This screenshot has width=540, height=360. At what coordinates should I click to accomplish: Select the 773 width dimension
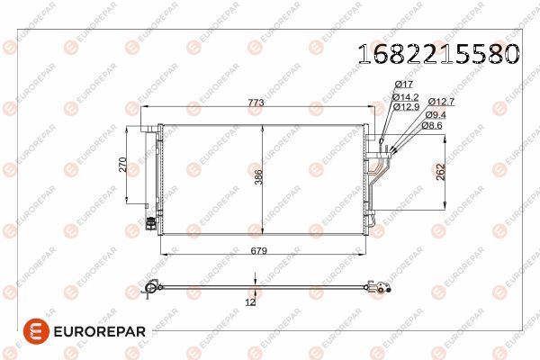click(x=256, y=104)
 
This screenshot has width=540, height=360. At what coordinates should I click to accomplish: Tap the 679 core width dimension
click(x=260, y=250)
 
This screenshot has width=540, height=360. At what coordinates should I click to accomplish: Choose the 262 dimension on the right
click(x=440, y=172)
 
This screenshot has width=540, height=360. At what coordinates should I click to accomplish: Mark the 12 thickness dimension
click(x=250, y=302)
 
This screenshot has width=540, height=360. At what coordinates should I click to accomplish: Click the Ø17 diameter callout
click(x=405, y=85)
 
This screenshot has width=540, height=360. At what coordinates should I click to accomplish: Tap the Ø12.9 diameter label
click(x=408, y=105)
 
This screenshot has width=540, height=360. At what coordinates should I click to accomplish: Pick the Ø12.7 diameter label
click(x=441, y=102)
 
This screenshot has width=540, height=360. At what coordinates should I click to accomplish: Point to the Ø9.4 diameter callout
click(x=436, y=114)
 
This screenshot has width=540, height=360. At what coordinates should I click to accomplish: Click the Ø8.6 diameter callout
click(x=435, y=126)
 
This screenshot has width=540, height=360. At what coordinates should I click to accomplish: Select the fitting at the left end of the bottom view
click(x=151, y=289)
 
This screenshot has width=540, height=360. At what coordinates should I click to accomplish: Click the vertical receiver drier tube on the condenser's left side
click(x=152, y=175)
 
